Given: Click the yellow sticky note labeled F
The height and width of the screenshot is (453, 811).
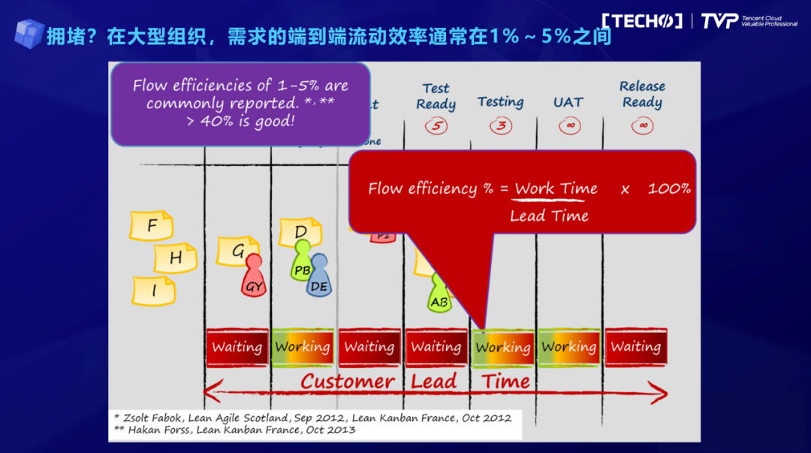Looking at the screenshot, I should [152, 225].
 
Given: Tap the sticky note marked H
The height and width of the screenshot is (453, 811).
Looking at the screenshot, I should [175, 258].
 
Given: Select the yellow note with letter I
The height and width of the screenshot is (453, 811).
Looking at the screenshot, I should [154, 291].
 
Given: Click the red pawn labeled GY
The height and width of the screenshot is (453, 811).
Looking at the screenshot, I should [254, 276].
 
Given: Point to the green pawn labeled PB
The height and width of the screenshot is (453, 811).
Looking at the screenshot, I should [302, 261].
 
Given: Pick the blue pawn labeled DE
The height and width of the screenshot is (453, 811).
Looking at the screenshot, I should [319, 276].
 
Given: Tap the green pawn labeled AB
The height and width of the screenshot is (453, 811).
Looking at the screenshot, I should [439, 293].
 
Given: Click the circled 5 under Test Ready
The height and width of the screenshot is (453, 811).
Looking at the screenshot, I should [436, 125].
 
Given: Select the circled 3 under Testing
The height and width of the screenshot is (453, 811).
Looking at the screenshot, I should [501, 125].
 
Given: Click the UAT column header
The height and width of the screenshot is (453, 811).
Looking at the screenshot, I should [568, 102].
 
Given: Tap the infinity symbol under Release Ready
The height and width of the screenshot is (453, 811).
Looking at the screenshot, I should [642, 125].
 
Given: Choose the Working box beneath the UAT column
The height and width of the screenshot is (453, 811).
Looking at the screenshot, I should [569, 347].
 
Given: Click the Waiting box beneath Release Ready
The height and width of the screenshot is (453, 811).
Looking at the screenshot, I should [635, 347].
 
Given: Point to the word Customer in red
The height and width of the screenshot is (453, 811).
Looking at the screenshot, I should [348, 381].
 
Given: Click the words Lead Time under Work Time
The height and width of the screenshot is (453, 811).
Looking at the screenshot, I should [549, 216].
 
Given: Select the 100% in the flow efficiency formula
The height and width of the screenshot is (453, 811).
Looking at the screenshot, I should [669, 189].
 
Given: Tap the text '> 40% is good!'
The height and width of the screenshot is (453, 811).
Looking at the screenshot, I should [240, 121].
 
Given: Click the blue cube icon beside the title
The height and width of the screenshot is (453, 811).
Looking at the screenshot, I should [29, 33].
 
